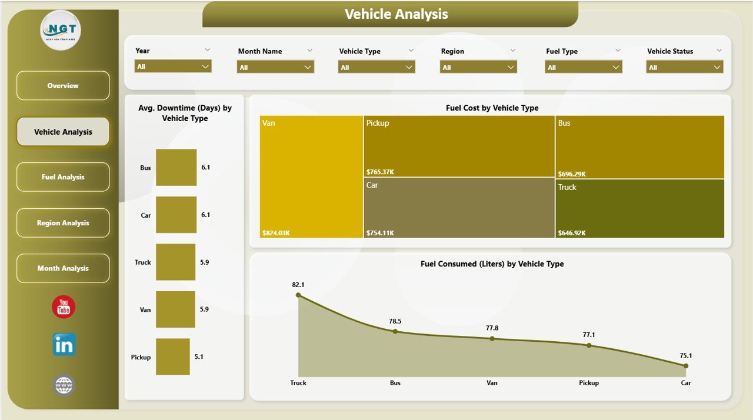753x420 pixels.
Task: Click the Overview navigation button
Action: pos(63,86)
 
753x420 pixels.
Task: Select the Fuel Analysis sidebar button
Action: pos(63,177)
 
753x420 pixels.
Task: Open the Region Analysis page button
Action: pos(63,223)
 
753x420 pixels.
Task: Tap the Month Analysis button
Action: pos(63,268)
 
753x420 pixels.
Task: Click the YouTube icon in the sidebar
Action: pos(64,307)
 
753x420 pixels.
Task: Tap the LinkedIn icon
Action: pos(64,345)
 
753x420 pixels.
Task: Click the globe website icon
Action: pos(64,385)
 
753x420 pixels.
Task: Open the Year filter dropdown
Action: pos(173,67)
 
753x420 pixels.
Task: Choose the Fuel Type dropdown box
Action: pos(583,68)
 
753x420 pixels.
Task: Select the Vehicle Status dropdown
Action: pos(685,68)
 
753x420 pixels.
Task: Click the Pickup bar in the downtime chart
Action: pos(173,356)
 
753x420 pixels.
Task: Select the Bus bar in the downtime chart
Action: pos(176,167)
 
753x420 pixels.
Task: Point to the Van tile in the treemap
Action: pos(311,176)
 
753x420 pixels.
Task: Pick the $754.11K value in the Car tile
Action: pos(380,233)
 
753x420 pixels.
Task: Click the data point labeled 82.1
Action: pos(298,295)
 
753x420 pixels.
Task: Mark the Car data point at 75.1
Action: pos(686,366)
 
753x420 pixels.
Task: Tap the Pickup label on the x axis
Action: pos(589,383)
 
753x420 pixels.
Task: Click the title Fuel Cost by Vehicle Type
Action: pos(492,108)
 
